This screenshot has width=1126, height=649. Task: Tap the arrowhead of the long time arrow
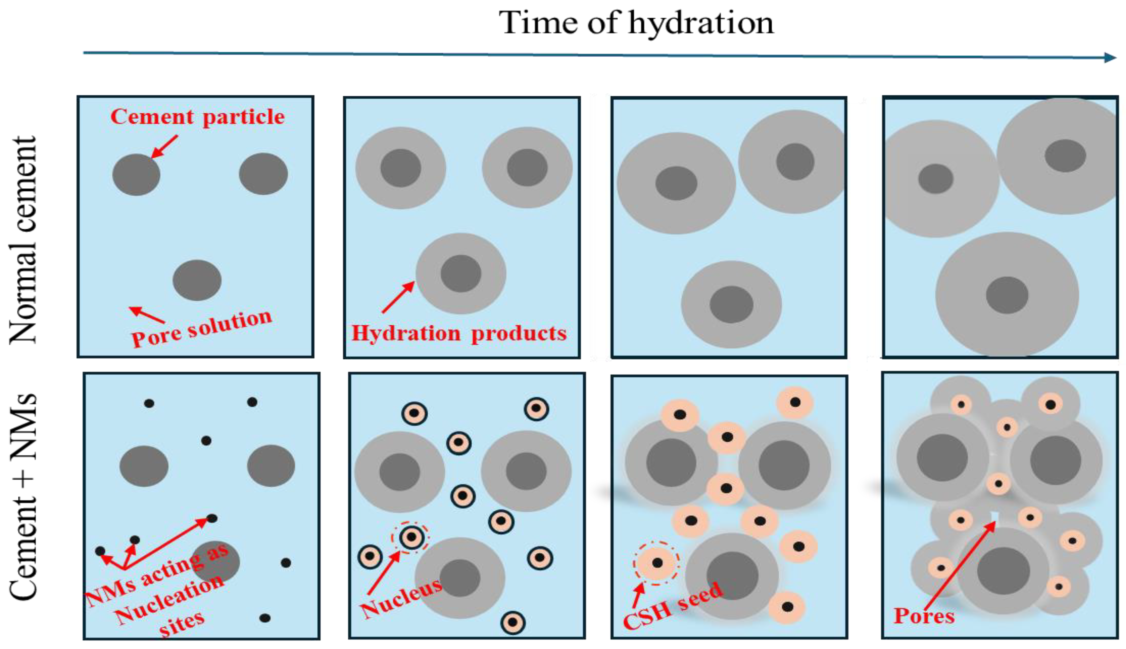click(x=1110, y=57)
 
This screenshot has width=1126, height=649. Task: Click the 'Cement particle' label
click(x=197, y=117)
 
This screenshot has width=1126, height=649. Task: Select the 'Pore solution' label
click(x=202, y=328)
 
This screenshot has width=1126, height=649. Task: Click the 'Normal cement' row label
click(x=23, y=240)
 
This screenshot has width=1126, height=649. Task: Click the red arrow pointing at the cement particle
click(x=165, y=146)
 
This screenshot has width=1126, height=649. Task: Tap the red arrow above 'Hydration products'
click(x=398, y=297)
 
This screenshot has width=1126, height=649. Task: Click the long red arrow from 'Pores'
click(x=959, y=566)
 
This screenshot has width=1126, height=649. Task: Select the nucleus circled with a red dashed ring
click(x=411, y=537)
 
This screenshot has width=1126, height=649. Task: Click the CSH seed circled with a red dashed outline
click(x=657, y=563)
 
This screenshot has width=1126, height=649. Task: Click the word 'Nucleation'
click(x=169, y=600)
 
